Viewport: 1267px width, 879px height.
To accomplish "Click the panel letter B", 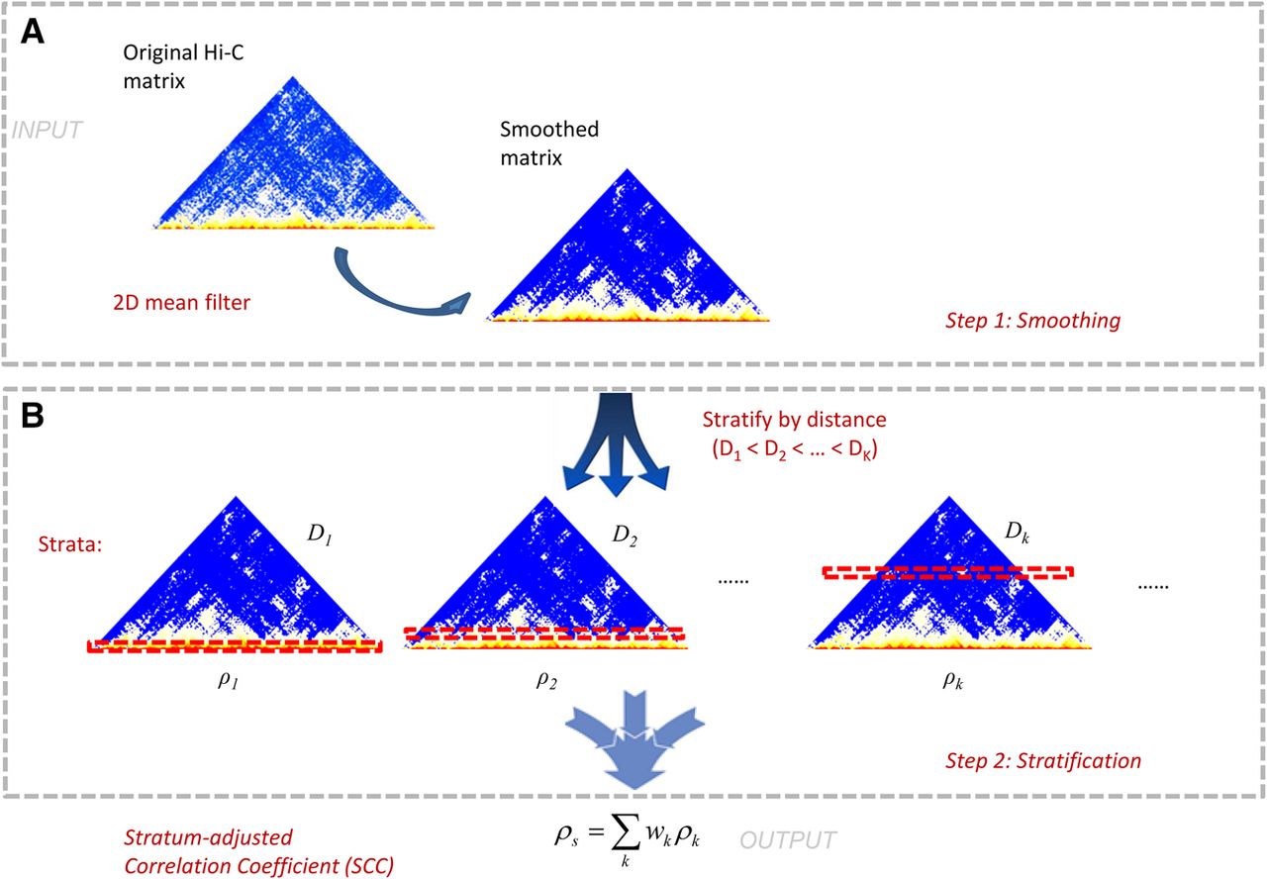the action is click(33, 416).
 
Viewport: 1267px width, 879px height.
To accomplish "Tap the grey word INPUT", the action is click(48, 130).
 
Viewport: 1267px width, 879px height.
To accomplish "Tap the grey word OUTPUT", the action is click(787, 840).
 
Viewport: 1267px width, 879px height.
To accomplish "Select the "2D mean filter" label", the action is click(181, 303).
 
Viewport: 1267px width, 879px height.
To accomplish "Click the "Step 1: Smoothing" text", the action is click(1032, 321).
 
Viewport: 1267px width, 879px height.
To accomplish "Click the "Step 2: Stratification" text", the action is click(1043, 761).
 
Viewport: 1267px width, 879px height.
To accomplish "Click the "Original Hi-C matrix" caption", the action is click(183, 66).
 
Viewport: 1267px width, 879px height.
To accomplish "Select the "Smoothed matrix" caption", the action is click(549, 144).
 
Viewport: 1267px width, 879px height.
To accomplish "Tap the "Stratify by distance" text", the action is click(794, 420).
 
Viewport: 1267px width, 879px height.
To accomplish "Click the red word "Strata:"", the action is click(70, 544).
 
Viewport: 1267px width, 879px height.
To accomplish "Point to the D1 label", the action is click(320, 534).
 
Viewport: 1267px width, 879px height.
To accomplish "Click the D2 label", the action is click(625, 536).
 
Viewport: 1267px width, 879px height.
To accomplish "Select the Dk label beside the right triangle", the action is click(1017, 532).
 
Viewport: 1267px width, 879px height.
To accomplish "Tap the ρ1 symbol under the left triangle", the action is click(228, 679).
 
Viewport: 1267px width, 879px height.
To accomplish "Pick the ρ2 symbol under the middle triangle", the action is click(546, 679).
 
